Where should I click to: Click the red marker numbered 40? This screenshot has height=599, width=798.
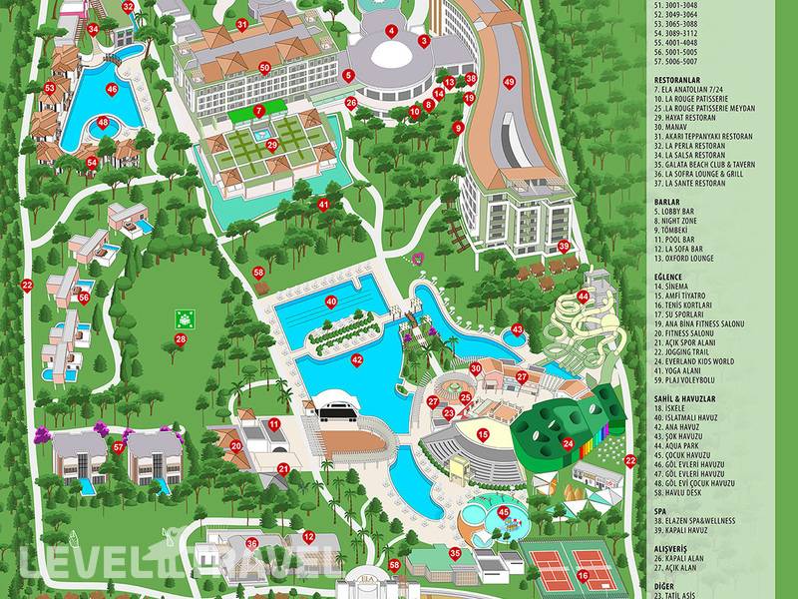click(331, 300)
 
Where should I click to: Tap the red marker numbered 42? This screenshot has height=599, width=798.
click(357, 360)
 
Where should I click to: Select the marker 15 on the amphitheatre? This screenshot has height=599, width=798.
click(483, 434)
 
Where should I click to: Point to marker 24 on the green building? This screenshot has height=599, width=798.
click(568, 443)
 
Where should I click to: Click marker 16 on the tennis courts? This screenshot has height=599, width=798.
click(583, 575)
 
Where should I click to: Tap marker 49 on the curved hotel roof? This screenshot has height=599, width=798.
click(509, 82)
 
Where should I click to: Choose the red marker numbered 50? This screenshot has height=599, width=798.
click(264, 68)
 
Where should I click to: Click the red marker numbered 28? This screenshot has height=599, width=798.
click(181, 339)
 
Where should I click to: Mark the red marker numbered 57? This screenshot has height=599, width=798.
click(119, 447)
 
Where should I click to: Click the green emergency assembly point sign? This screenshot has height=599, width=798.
click(184, 317)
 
